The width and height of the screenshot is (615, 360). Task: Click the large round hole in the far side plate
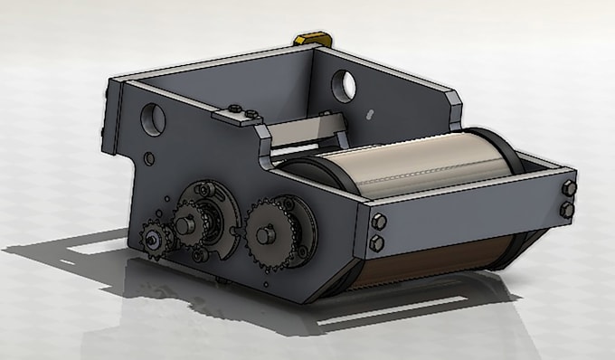[x=343, y=84]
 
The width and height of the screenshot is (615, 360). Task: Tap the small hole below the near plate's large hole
[x=147, y=158]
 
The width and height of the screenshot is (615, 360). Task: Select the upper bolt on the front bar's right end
[x=568, y=188]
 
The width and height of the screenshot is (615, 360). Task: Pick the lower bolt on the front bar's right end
[x=567, y=210]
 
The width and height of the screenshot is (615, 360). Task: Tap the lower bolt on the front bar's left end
[x=376, y=242]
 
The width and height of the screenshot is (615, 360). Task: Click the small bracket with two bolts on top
[x=239, y=114]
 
